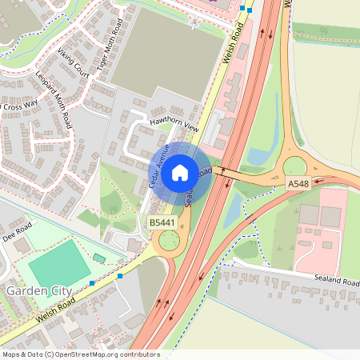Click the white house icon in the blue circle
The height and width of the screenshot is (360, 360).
(x=180, y=171)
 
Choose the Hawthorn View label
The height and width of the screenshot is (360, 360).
(x=173, y=123)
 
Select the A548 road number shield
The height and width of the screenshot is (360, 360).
(x=298, y=185)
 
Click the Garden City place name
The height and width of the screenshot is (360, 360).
(x=39, y=290)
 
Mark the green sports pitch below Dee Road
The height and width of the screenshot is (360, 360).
(x=60, y=265)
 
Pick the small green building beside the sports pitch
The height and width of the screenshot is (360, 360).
(x=99, y=258)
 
